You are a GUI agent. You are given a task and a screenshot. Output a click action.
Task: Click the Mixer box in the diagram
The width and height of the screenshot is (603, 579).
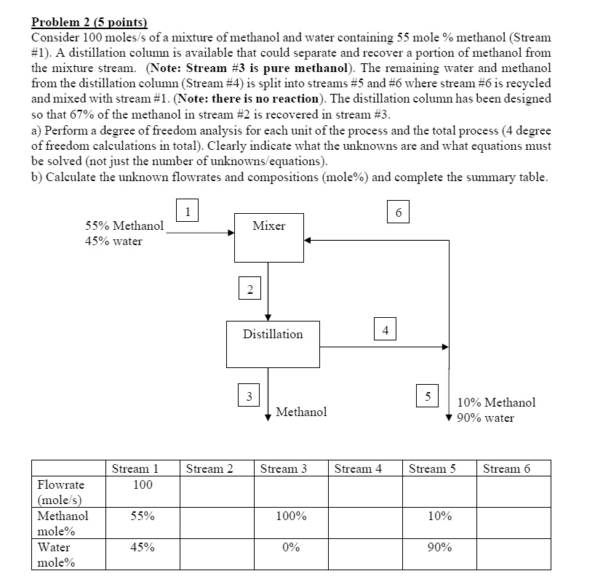[x=268, y=237]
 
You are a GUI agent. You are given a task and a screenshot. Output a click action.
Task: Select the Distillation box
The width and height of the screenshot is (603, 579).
[x=273, y=343]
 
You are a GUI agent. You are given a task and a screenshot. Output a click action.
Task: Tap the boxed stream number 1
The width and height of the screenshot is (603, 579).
[x=188, y=212]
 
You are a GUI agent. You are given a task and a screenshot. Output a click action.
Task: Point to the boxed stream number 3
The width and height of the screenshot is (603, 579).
[x=249, y=396]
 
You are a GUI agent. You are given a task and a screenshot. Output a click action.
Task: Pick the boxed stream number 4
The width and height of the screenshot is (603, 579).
[x=386, y=330]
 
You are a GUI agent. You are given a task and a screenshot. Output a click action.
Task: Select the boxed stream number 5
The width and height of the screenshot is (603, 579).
[x=428, y=396]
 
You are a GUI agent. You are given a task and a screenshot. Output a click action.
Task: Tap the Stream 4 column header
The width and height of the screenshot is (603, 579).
[x=358, y=468]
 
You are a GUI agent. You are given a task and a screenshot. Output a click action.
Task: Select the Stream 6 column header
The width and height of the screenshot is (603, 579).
[x=506, y=468]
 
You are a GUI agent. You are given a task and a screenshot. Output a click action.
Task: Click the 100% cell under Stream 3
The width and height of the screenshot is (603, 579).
[x=291, y=516]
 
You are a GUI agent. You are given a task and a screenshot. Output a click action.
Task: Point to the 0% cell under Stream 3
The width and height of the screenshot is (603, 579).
[x=291, y=547]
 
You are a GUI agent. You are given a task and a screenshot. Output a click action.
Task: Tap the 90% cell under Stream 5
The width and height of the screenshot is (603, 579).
[x=439, y=547]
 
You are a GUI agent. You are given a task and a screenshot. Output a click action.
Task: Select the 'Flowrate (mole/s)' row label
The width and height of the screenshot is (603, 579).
[x=61, y=492]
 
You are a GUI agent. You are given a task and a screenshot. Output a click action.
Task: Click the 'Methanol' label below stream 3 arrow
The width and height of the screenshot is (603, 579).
[x=301, y=412]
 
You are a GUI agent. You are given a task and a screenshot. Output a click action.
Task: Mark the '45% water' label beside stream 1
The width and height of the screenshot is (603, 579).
[x=114, y=241]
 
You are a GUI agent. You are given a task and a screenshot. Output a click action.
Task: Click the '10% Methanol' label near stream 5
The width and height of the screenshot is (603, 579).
[x=496, y=402]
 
